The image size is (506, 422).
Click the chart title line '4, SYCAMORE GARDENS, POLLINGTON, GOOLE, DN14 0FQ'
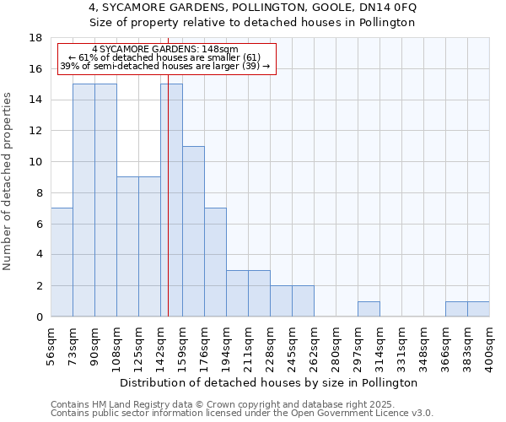tap(252, 8)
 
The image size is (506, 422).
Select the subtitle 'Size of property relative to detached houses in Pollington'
tap(252, 23)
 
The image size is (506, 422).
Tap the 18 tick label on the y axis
tap(35, 38)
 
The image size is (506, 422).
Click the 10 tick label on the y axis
tap(35, 162)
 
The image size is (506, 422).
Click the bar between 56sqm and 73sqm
tap(62, 262)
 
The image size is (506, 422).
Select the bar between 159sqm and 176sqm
tap(193, 231)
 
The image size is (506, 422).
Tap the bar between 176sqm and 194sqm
tap(215, 262)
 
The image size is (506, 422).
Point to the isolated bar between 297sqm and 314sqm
tap(369, 309)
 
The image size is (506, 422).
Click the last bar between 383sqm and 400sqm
tap(478, 309)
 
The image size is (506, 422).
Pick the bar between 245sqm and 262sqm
tap(303, 301)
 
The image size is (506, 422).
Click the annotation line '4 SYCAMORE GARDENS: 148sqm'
tap(165, 50)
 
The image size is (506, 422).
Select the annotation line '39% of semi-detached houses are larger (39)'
tap(165, 66)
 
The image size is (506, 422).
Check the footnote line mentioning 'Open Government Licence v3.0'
tap(242, 413)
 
